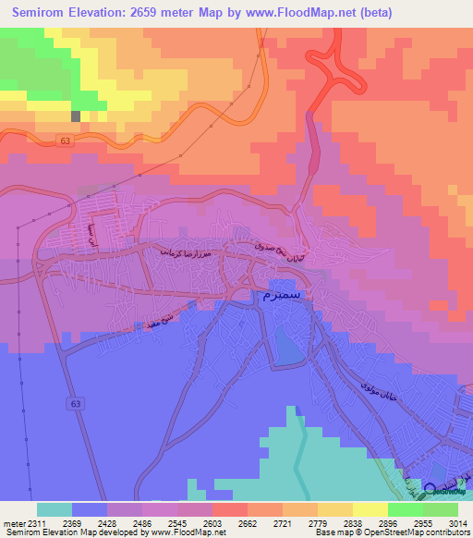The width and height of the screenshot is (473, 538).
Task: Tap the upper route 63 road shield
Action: point(64,141)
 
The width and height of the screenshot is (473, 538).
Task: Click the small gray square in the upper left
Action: point(76,116)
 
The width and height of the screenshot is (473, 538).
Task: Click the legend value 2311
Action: point(35,523)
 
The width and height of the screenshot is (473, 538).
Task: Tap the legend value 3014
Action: point(457,523)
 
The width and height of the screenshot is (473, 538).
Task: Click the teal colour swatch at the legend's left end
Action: point(54,509)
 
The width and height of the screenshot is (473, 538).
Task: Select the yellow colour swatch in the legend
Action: point(370,509)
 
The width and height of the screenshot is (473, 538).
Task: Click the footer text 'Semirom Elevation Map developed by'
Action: point(74,532)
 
